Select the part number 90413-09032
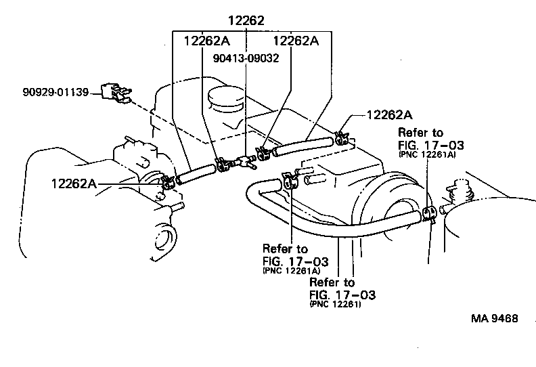pyautogui.click(x=241, y=58)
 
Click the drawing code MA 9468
pyautogui.click(x=497, y=318)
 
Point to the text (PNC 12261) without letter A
pyautogui.click(x=336, y=305)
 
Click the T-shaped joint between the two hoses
pyautogui.click(x=241, y=160)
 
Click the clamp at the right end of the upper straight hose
pyautogui.click(x=340, y=138)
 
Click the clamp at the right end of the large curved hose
pyautogui.click(x=428, y=215)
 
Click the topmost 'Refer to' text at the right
pyautogui.click(x=421, y=133)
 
